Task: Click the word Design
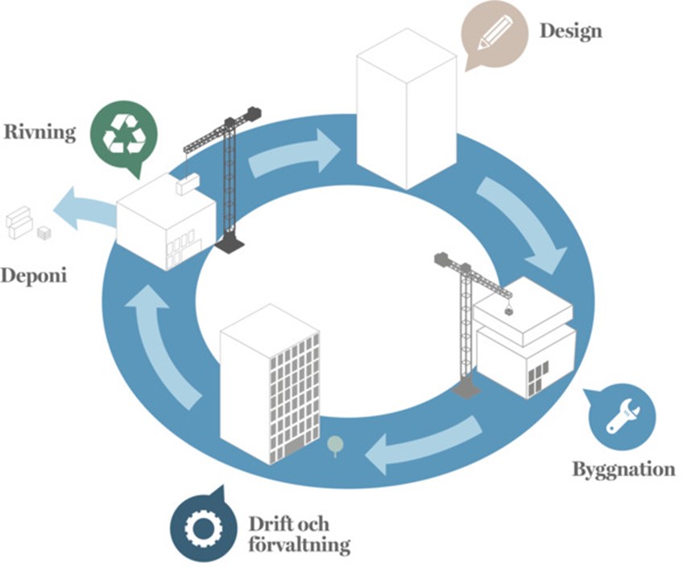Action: click(570, 31)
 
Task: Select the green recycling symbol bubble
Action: click(122, 133)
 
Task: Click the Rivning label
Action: click(40, 132)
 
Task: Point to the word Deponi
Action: click(33, 275)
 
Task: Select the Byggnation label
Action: click(623, 469)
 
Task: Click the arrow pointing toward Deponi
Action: click(88, 209)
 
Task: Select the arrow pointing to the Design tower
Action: click(294, 154)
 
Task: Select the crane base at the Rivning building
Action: click(234, 240)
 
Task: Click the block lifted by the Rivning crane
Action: click(188, 184)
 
